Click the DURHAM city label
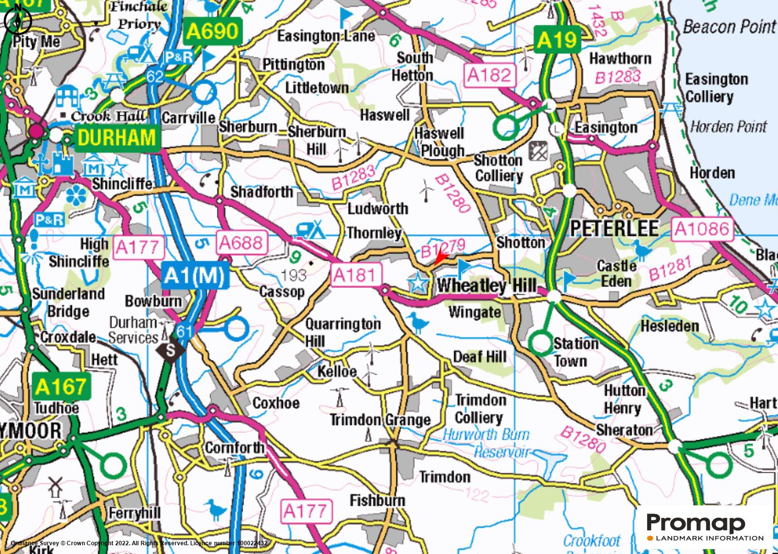(x=116, y=138)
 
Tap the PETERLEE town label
(x=614, y=228)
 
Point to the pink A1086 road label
(x=703, y=229)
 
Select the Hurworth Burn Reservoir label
(x=486, y=443)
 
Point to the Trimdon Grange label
(x=380, y=420)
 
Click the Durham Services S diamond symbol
(x=171, y=350)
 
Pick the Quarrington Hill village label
(x=342, y=332)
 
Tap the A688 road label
(x=242, y=242)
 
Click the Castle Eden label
(x=616, y=273)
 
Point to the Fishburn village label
(x=377, y=500)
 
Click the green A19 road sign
(x=557, y=40)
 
